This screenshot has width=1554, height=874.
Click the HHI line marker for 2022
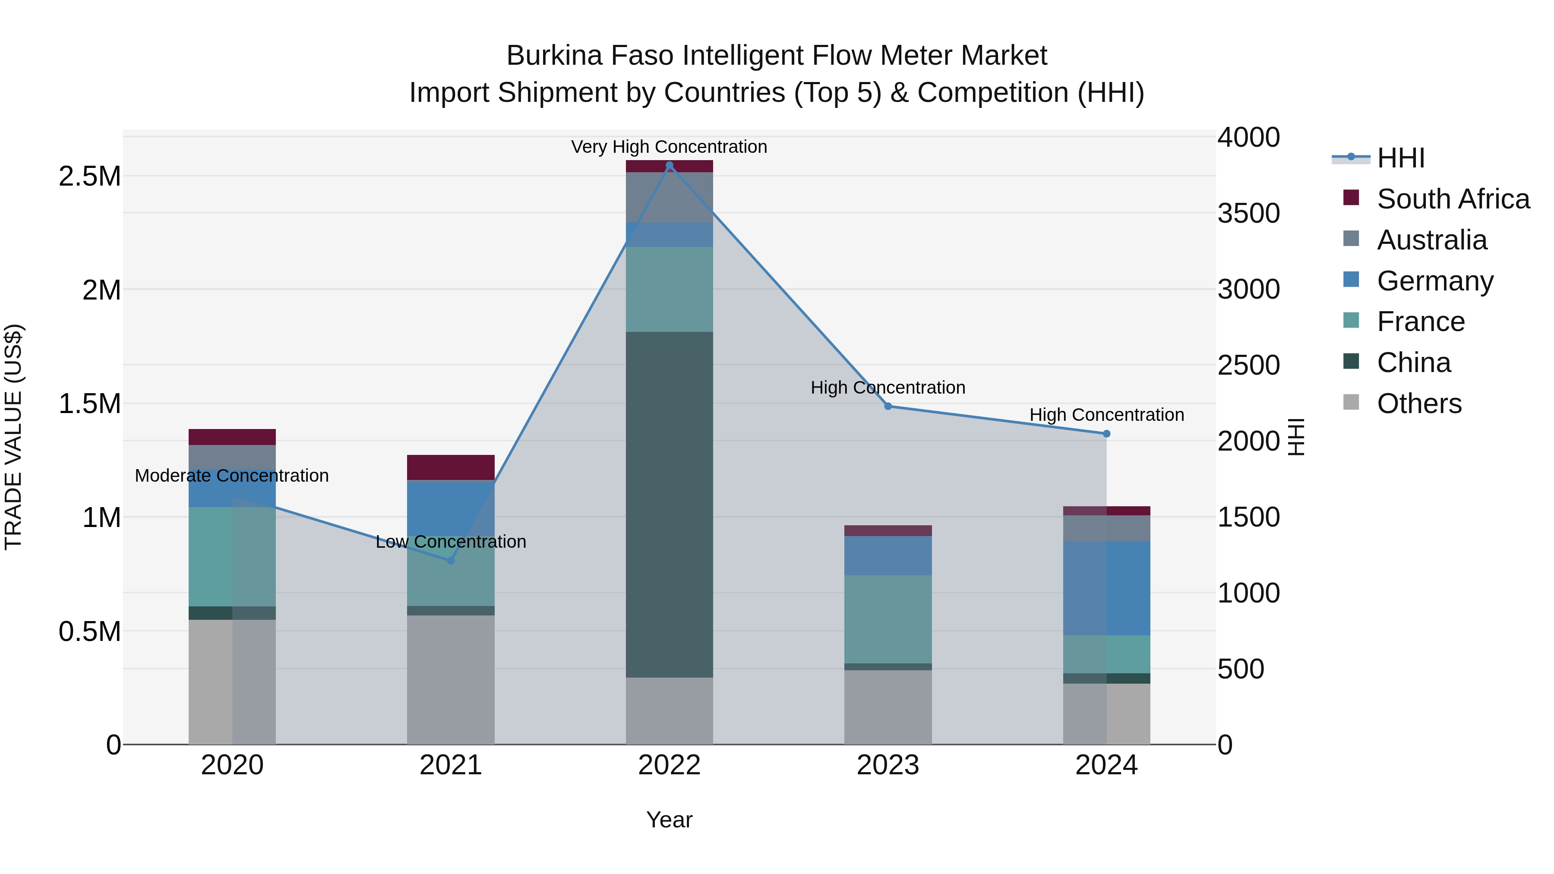[x=669, y=165]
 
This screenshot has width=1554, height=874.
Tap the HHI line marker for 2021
[x=451, y=560]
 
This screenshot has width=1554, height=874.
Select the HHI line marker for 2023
[x=888, y=406]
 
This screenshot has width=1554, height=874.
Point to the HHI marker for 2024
[x=1106, y=434]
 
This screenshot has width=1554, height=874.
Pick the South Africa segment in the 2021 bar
[x=451, y=467]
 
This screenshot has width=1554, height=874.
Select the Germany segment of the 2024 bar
[x=1106, y=588]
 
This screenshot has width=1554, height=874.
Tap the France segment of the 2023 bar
[x=888, y=619]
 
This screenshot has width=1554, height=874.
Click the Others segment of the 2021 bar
[x=451, y=679]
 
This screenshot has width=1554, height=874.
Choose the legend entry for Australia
[x=1431, y=240]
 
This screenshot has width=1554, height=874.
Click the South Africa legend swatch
[x=1351, y=198]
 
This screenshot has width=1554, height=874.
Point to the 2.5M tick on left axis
[x=89, y=177]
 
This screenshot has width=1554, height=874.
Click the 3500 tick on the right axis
[x=1248, y=214]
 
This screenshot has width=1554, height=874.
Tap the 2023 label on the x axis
[x=888, y=765]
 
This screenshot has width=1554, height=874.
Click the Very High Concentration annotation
[x=669, y=147]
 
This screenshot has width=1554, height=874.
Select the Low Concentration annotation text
[x=451, y=542]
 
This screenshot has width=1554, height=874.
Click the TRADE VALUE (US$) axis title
[x=13, y=437]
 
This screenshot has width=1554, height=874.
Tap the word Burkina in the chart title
[x=554, y=56]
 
